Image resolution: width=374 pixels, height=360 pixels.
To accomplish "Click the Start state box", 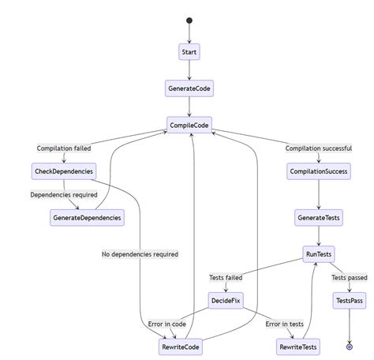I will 189,52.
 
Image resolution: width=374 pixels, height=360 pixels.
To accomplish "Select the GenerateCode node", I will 189,88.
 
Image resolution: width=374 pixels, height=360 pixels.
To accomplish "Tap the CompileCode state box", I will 189,125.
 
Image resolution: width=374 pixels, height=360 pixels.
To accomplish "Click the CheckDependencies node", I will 64,171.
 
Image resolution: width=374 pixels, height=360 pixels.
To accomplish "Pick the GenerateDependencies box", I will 87,217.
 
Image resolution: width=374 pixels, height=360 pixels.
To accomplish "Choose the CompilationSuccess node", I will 319,171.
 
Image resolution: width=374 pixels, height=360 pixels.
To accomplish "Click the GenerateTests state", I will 319,217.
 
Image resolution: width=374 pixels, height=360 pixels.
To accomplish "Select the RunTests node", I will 319,254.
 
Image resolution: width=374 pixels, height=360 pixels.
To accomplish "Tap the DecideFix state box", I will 226,301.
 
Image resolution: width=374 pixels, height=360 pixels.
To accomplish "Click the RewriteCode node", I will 181,347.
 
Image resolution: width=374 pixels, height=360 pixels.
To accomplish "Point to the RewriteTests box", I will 299,347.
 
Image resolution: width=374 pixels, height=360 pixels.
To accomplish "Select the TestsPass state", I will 349,301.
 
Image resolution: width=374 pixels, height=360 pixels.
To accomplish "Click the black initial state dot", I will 189,21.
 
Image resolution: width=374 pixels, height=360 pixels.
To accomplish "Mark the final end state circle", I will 349,347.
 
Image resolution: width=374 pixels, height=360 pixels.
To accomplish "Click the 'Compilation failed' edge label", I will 64,148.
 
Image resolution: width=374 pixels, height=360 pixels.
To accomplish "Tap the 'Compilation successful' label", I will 319,148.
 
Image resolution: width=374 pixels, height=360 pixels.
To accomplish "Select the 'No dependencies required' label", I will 140,254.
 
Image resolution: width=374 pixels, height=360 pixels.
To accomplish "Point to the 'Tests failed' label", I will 226,278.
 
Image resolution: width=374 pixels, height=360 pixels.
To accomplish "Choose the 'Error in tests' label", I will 284,324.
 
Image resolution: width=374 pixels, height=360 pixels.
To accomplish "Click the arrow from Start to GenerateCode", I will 189,70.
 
